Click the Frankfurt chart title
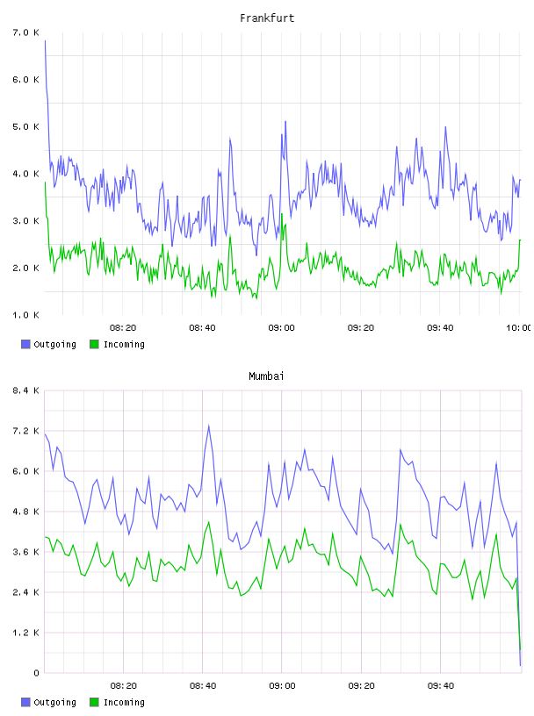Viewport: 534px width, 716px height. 267,18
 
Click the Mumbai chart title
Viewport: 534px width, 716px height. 266,376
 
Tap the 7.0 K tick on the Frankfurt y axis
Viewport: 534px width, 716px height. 26,32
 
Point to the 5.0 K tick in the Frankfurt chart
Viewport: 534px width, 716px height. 26,126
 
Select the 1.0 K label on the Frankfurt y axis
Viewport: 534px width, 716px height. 26,315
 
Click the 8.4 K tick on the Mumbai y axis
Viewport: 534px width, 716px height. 26,390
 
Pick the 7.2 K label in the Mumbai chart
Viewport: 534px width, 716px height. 26,431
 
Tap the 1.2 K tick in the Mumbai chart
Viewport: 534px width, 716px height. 26,633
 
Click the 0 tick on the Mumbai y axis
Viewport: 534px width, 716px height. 36,673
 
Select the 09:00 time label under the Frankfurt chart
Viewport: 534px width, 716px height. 282,327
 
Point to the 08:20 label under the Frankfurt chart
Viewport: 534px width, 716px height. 123,327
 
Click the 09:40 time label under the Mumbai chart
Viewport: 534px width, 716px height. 441,685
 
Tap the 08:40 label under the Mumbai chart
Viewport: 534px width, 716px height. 203,685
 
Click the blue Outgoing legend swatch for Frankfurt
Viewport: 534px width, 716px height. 25,344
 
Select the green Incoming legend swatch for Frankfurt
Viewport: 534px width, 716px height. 94,344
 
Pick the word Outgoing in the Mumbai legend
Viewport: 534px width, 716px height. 54,702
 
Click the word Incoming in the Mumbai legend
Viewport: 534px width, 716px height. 124,702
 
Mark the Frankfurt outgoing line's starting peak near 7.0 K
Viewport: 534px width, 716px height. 45,40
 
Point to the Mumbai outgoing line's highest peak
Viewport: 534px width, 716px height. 208,426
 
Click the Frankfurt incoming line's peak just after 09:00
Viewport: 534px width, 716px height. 282,214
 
